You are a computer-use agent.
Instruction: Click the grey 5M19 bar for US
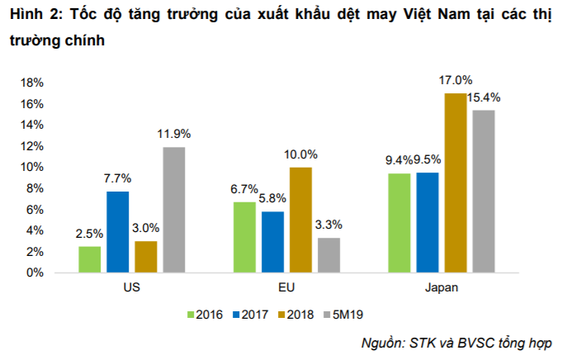point(173,210)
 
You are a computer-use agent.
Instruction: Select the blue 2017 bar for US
point(117,232)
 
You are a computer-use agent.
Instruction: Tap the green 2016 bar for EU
point(243,237)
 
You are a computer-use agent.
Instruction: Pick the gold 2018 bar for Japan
point(455,182)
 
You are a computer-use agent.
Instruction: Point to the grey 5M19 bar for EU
point(328,255)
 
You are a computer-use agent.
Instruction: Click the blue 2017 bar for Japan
point(427,222)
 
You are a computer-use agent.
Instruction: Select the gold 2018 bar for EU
point(300,220)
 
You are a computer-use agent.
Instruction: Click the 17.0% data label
point(456,81)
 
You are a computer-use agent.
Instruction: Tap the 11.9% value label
point(174,133)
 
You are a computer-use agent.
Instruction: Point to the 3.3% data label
point(328,224)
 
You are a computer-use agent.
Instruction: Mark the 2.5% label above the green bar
point(89,233)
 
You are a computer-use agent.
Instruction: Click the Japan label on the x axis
point(441,288)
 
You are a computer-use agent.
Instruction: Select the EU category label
point(286,288)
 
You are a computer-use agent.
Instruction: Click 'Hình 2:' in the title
point(32,14)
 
